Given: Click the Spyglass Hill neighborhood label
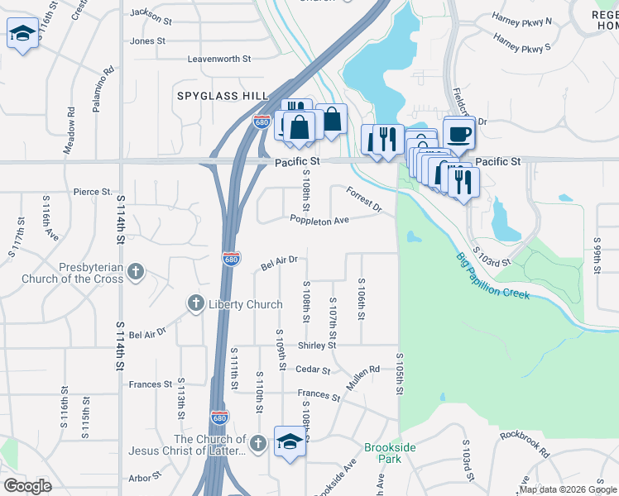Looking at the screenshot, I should click(x=222, y=96).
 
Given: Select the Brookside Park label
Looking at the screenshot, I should click(x=383, y=453).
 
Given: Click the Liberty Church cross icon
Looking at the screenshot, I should click(x=195, y=303).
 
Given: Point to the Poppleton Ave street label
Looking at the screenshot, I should click(x=319, y=219).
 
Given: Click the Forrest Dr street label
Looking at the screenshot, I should click(x=364, y=199).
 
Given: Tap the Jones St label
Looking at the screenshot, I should click(x=148, y=41).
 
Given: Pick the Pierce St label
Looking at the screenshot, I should click(x=93, y=192).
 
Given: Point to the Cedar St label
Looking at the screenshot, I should click(x=314, y=370).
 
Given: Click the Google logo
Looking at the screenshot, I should click(x=28, y=486).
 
